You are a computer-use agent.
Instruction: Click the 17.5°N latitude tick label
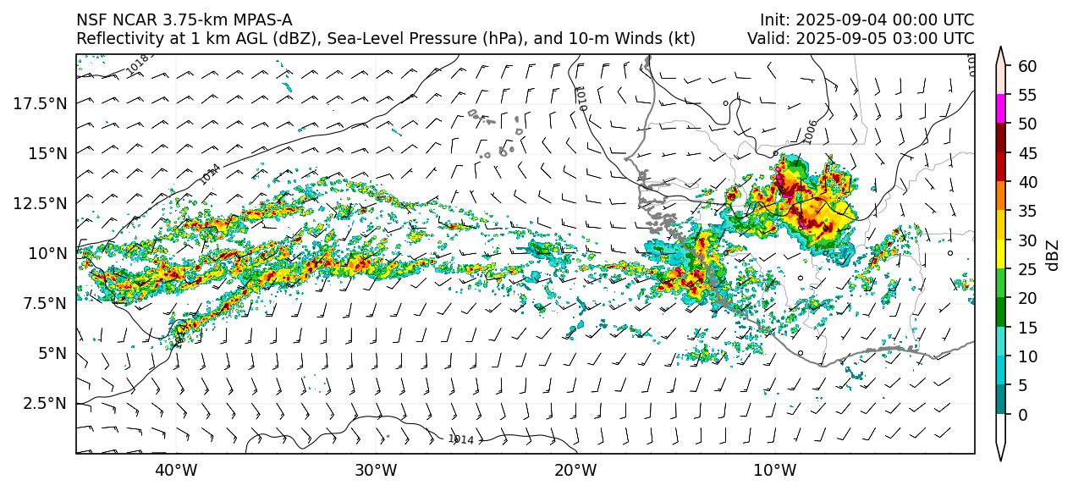click(41, 103)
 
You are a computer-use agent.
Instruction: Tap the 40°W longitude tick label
click(176, 470)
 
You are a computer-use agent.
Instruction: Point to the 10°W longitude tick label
click(774, 470)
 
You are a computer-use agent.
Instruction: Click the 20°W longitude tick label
click(575, 470)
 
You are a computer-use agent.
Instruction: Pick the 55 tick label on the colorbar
click(1026, 95)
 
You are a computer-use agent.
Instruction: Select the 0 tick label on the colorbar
click(1022, 415)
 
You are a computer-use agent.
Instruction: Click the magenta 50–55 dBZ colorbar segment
click(1001, 108)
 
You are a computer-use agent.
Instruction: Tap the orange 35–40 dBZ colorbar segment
click(1001, 196)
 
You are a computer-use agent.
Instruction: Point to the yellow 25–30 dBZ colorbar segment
click(1001, 254)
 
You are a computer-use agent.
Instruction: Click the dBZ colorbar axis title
click(1053, 254)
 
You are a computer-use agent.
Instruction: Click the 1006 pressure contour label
click(810, 131)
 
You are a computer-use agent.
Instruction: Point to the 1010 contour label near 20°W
click(580, 98)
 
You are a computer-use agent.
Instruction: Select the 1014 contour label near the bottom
click(461, 439)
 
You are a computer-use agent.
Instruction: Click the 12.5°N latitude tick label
click(41, 203)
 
